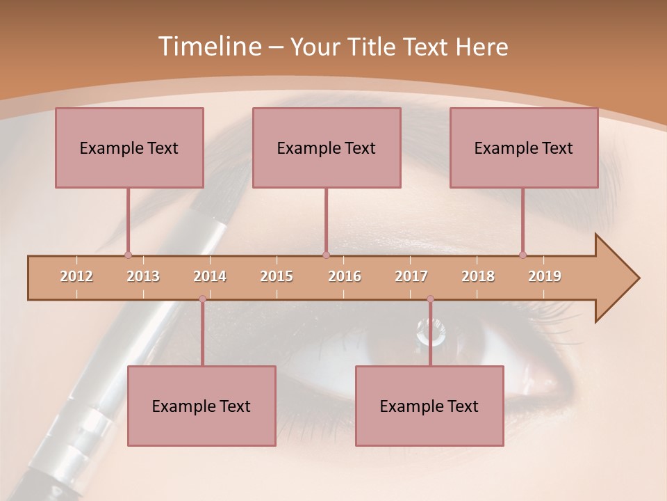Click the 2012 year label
[76, 277]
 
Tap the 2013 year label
[143, 277]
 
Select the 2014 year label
[210, 277]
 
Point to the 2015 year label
[277, 277]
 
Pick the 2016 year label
[345, 277]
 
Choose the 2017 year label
[411, 277]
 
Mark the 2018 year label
[478, 277]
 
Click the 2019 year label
[545, 277]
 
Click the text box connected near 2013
[129, 148]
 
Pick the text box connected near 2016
[327, 148]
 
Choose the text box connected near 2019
[524, 148]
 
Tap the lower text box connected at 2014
[201, 406]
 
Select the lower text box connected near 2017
[429, 406]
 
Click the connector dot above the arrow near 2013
[128, 255]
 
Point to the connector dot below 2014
[202, 299]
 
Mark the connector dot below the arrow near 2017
[430, 299]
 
